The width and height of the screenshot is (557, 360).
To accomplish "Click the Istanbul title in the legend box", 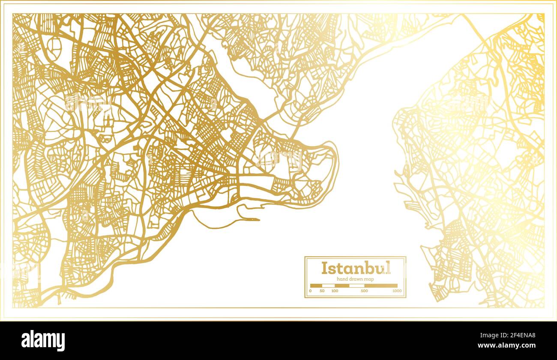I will [x=356, y=268].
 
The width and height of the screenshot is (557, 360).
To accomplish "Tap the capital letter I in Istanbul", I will [x=324, y=268].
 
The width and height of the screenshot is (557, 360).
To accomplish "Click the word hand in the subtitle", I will [x=342, y=279].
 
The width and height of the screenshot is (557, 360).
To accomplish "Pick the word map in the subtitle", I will [x=368, y=279].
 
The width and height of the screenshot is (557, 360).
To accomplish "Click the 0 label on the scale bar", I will [x=310, y=291].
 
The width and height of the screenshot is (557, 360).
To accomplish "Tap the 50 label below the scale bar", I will [x=322, y=291].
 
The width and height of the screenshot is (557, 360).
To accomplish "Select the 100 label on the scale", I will [x=335, y=291].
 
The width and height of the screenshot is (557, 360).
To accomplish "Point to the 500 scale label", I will [x=364, y=291].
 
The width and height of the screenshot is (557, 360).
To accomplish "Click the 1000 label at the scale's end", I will [x=397, y=291].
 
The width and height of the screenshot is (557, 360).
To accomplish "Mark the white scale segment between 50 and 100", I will [x=328, y=285].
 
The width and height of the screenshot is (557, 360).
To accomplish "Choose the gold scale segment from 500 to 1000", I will [x=381, y=285].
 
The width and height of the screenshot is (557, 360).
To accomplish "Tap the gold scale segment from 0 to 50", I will [x=316, y=285].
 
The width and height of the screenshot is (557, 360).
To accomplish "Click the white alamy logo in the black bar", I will [x=43, y=341].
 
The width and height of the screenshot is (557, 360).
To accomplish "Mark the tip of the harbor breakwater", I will [x=259, y=220].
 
